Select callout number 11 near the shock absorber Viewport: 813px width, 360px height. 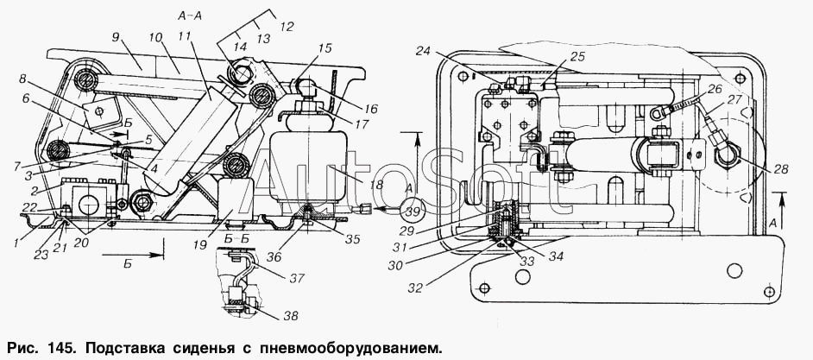click(x=198, y=37)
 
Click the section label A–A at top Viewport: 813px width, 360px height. click(x=190, y=16)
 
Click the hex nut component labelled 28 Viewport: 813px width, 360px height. click(x=724, y=154)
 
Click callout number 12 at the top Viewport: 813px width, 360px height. click(x=287, y=26)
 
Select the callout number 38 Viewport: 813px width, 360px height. click(x=292, y=315)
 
